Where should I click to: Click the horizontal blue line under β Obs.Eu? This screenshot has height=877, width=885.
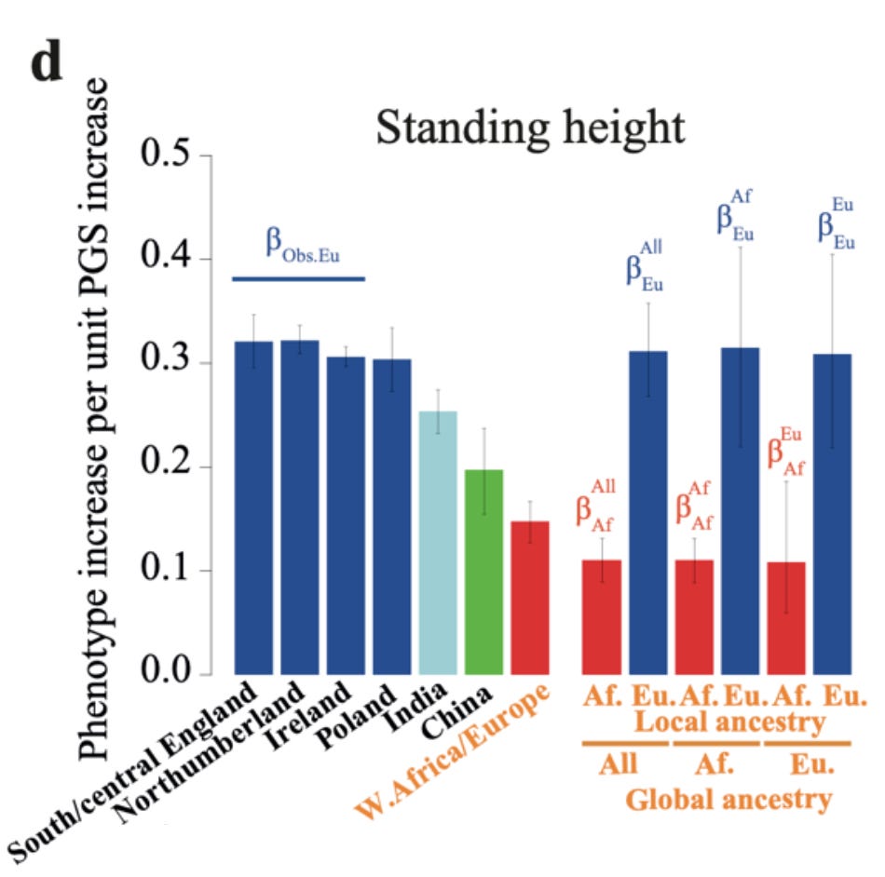click(x=298, y=278)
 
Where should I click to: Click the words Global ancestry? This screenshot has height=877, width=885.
click(x=728, y=798)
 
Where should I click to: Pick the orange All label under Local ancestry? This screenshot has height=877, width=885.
click(x=618, y=764)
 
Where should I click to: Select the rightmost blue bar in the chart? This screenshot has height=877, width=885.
click(x=833, y=513)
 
